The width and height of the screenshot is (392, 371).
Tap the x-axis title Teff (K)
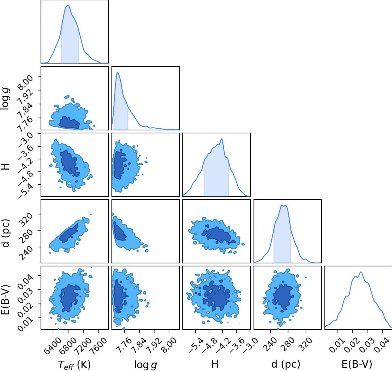click(75, 365)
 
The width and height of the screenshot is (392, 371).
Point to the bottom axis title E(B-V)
click(357, 364)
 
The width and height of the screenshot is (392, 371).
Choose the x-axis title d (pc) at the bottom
click(286, 364)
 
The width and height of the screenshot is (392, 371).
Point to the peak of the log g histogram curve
click(118, 72)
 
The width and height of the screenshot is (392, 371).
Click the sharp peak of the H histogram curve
click(221, 139)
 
